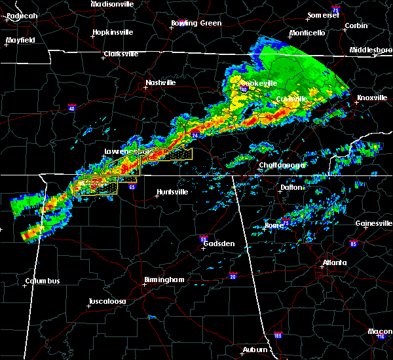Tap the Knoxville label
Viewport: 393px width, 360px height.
pos(371,98)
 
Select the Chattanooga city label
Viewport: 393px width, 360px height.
pos(282,166)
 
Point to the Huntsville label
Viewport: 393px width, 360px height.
pos(172,192)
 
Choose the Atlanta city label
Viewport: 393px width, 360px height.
pos(335,263)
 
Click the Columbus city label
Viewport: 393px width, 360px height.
pos(43,281)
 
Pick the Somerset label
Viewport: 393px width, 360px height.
pos(324,14)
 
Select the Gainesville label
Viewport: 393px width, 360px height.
pos(373,223)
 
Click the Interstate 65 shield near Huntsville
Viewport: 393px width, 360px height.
pos(132,187)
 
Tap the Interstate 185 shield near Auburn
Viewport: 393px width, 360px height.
pos(278,334)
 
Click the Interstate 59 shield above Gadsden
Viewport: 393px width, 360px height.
pos(204,240)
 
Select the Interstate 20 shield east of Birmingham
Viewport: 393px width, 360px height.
pos(233,275)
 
